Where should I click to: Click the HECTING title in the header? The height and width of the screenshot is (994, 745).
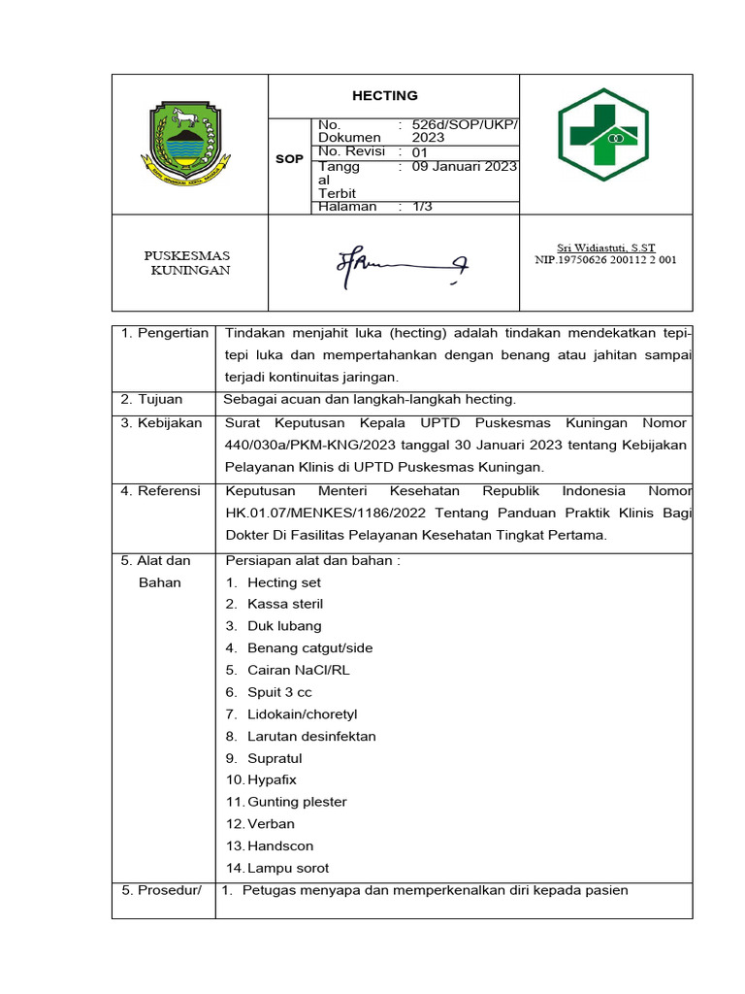(384, 95)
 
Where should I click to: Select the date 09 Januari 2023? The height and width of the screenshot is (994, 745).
(464, 166)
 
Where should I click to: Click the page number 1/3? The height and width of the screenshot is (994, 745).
(423, 207)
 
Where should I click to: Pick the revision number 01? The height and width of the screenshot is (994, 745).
(419, 151)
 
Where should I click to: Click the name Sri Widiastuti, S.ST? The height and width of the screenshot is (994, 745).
(606, 248)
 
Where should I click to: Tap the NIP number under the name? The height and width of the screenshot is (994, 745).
(606, 260)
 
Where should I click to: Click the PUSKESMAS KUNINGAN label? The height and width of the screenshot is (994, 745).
(187, 263)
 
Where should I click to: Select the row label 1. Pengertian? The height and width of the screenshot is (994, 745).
(164, 333)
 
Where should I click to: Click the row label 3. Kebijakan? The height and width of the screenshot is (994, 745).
(161, 423)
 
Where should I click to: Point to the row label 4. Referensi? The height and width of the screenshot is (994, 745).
(161, 491)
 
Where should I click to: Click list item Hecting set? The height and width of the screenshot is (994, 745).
(283, 582)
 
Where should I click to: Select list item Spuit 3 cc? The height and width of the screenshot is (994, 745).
(279, 692)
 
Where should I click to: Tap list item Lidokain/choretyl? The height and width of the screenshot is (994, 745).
(302, 714)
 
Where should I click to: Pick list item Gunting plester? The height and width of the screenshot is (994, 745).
(297, 802)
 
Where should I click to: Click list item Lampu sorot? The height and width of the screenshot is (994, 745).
(288, 868)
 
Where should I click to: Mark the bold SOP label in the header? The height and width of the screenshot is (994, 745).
(289, 158)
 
